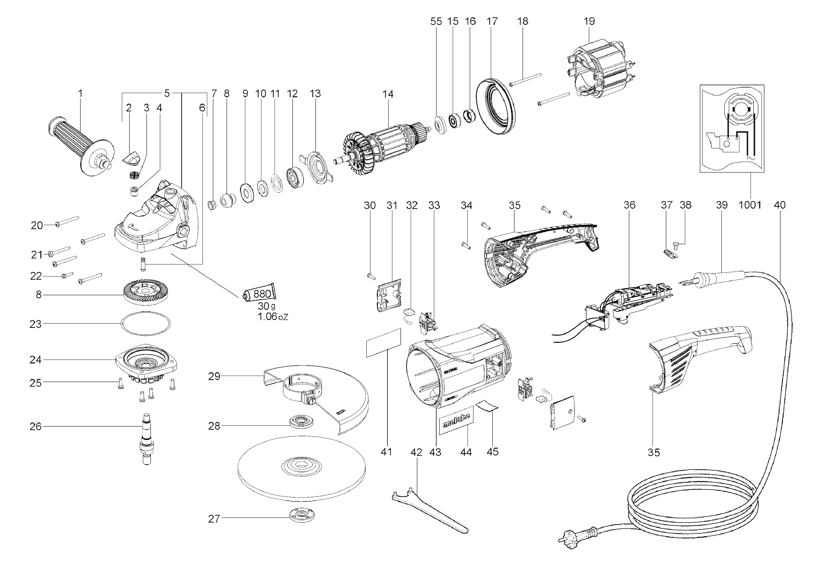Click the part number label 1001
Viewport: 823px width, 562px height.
(750, 205)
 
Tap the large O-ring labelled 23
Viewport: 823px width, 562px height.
(145, 323)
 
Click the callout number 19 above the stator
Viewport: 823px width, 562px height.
(589, 21)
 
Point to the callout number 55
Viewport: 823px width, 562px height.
(436, 22)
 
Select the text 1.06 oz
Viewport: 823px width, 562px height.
(273, 316)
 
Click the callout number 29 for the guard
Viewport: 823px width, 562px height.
(214, 376)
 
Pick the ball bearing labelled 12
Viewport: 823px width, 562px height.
(295, 177)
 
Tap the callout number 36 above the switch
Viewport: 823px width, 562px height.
(629, 205)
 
